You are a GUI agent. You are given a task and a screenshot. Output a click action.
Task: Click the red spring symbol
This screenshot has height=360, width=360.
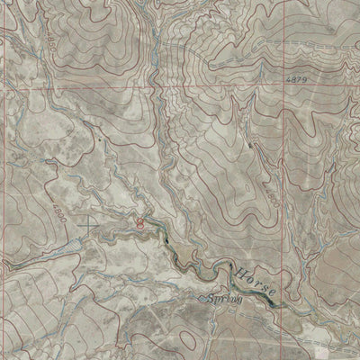click(x=140, y=222)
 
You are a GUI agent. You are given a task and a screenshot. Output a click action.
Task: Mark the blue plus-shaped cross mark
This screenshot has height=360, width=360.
click(x=87, y=220)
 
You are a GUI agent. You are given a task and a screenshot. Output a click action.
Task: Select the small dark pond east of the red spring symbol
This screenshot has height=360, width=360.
click(x=167, y=241)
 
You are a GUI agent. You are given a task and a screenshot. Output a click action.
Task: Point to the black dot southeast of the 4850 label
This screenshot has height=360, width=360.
click(x=93, y=141)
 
